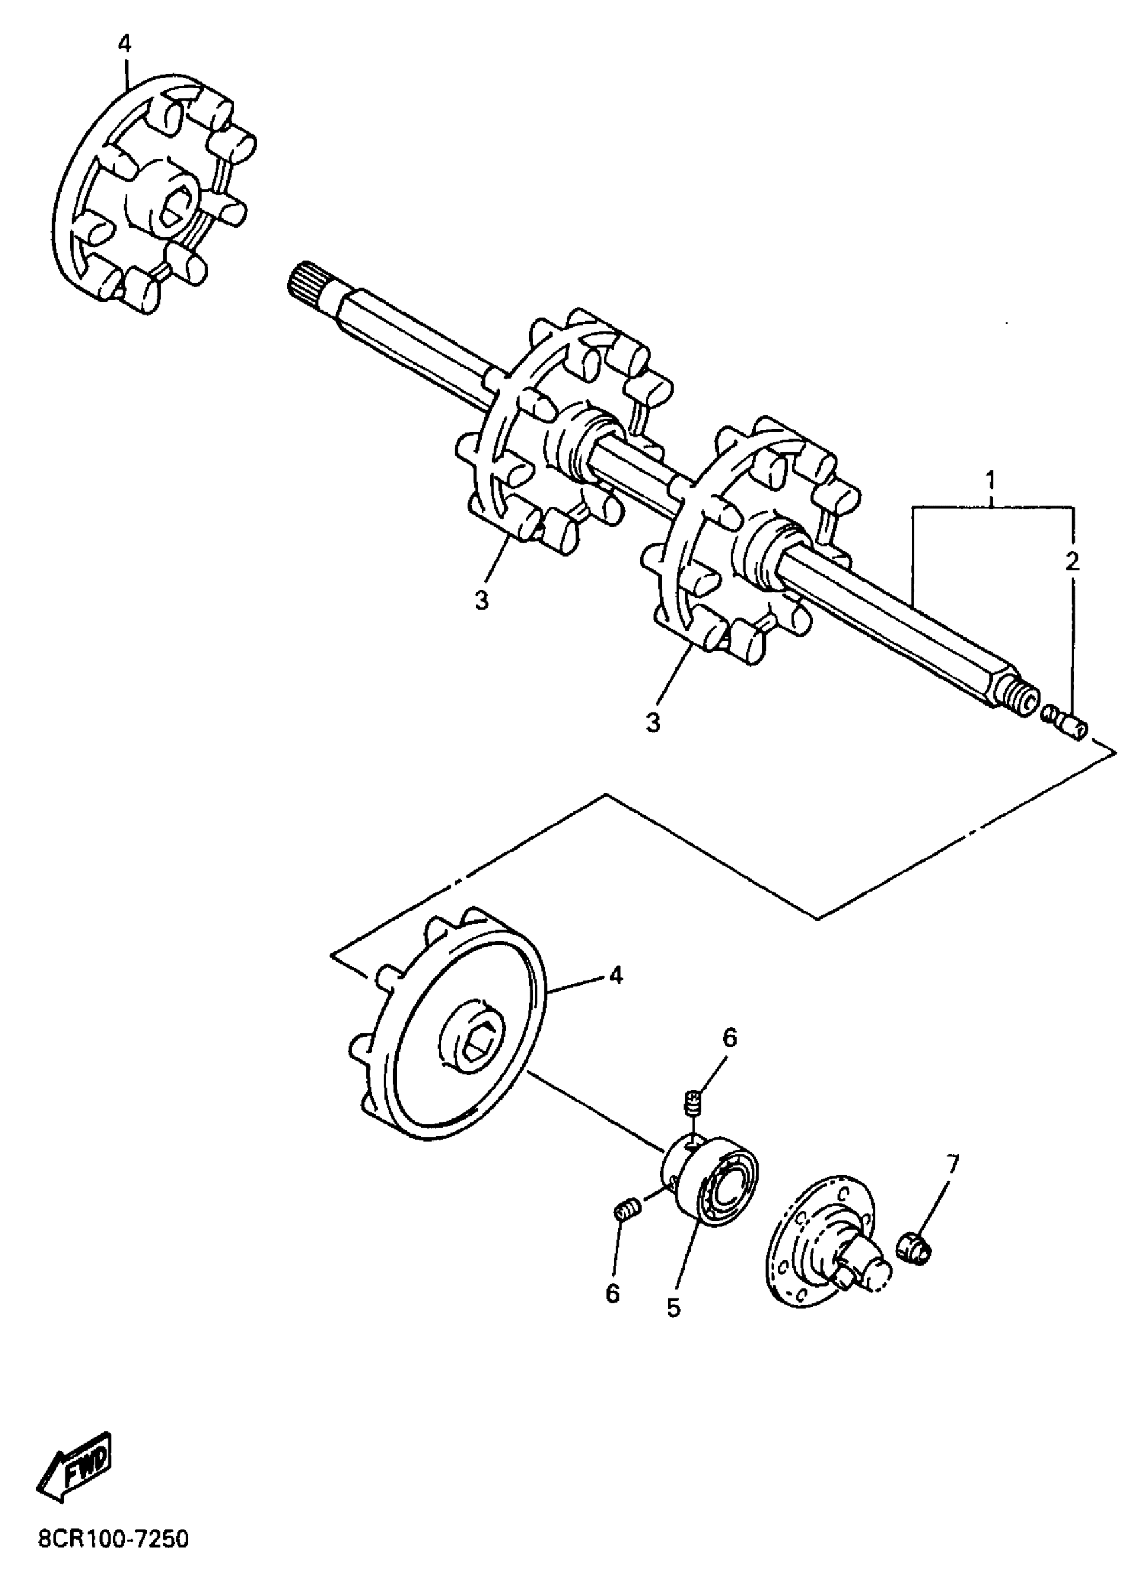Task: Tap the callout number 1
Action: click(991, 480)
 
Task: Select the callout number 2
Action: click(1072, 562)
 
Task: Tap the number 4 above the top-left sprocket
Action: click(123, 44)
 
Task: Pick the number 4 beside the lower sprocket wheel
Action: click(615, 976)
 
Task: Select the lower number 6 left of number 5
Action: click(612, 1292)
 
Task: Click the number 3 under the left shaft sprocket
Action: click(482, 599)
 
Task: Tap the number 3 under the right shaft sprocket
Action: click(652, 722)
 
